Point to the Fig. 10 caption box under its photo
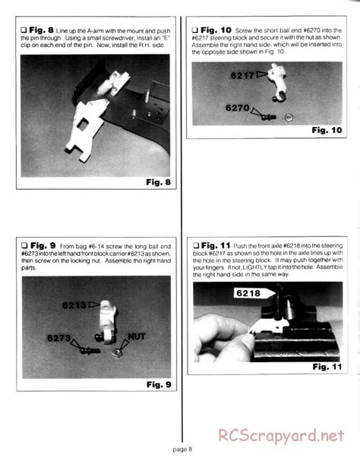pyautogui.click(x=327, y=130)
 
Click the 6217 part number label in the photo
pyautogui.click(x=243, y=76)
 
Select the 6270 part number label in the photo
pyautogui.click(x=241, y=108)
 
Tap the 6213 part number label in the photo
pyautogui.click(x=76, y=306)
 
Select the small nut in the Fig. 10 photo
pyautogui.click(x=289, y=117)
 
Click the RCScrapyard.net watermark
pyautogui.click(x=286, y=437)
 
